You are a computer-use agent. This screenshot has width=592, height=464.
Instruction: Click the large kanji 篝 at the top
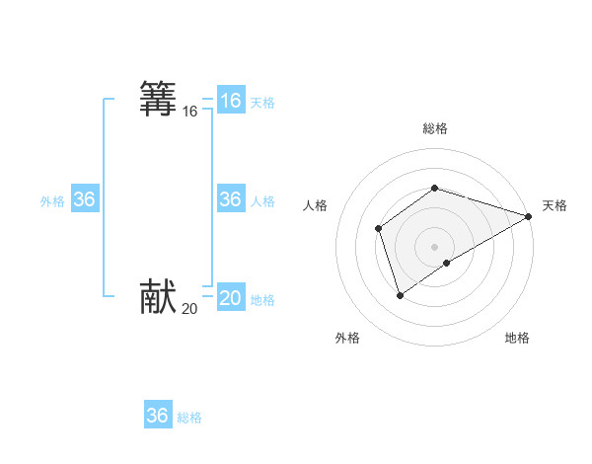[158, 100]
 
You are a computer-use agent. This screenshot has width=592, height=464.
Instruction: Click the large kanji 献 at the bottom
[158, 297]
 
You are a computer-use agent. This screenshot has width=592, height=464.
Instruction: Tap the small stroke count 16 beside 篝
[189, 113]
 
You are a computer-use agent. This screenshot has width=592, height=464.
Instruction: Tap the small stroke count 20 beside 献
[189, 309]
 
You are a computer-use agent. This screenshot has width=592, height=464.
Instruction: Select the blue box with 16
[231, 101]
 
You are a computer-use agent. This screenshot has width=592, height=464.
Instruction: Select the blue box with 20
[231, 298]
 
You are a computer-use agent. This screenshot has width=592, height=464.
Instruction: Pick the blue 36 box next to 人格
[231, 199]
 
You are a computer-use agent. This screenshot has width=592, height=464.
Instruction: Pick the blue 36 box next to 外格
[85, 199]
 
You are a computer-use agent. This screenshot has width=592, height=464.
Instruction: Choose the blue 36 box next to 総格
[158, 416]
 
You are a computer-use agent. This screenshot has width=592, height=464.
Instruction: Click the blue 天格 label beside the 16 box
[262, 103]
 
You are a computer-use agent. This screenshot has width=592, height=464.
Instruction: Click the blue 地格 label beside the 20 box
[262, 300]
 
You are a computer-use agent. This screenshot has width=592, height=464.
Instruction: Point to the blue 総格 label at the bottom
[189, 418]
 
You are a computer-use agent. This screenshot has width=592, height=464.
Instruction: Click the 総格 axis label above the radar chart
[435, 128]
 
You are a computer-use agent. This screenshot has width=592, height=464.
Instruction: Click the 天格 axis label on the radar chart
[555, 205]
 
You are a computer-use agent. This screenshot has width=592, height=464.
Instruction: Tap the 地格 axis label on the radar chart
[517, 339]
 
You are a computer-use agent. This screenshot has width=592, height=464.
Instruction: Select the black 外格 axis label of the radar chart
[347, 339]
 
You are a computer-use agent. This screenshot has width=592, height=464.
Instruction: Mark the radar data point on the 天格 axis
[529, 216]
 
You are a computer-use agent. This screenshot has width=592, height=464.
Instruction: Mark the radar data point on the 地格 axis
[447, 263]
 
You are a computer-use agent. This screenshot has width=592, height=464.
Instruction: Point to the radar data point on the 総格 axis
[435, 188]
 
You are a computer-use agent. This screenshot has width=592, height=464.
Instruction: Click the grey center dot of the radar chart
[435, 246]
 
